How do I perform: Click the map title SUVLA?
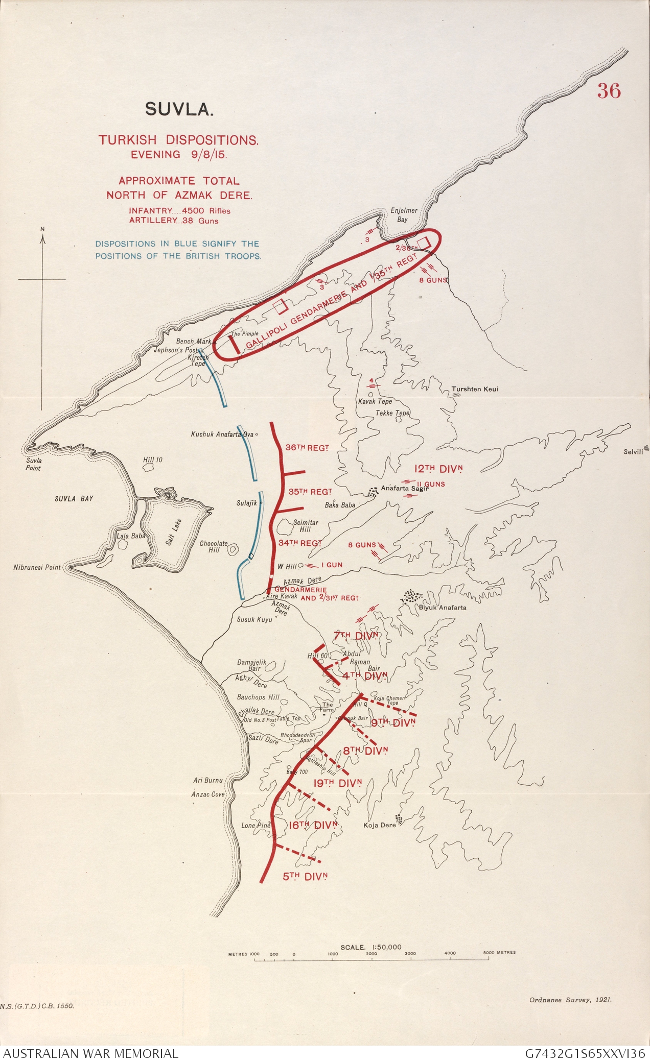tap(179, 109)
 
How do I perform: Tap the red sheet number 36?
tap(609, 91)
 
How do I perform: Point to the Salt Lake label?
tap(174, 532)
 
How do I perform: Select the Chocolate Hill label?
tap(214, 546)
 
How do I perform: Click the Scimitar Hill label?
tap(306, 526)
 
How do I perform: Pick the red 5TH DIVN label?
tap(305, 876)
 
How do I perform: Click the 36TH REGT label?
tap(307, 448)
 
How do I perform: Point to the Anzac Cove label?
tap(208, 794)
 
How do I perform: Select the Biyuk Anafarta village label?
tap(443, 607)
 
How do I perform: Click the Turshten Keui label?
tap(474, 389)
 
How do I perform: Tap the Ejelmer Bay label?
tap(404, 214)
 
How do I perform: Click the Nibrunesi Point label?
tap(37, 567)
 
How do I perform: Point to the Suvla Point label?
tap(34, 464)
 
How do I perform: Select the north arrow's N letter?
tap(42, 229)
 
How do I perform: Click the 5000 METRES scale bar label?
tap(499, 952)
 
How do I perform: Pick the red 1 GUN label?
tap(332, 565)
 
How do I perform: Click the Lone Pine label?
tap(256, 825)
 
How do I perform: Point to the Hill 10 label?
tap(153, 460)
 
